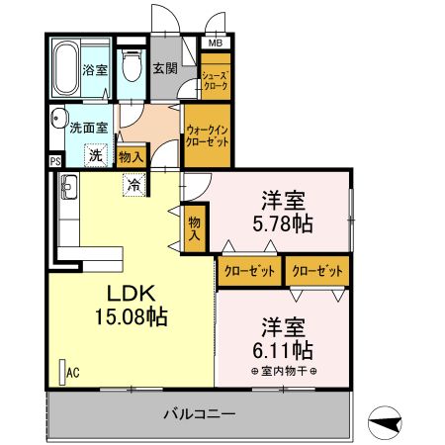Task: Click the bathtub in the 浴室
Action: pos(67,68)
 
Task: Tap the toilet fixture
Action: pos(132,65)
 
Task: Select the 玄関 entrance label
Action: pos(165,68)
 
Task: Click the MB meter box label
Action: pos(216,43)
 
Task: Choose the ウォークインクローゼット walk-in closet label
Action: pos(207,136)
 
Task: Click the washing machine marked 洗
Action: pos(96,155)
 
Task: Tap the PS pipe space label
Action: pos(55,161)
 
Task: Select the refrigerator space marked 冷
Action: pos(134,185)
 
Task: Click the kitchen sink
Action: pos(69,187)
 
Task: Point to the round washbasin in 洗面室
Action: pos(58,118)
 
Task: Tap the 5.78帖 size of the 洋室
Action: pos(283,224)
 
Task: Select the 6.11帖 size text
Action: pos(283,350)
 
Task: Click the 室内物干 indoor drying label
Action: pos(284,372)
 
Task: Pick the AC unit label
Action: pos(73,373)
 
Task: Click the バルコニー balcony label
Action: pos(200,413)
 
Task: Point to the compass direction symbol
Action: pos(385,422)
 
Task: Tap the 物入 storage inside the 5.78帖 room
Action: pos(195,228)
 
